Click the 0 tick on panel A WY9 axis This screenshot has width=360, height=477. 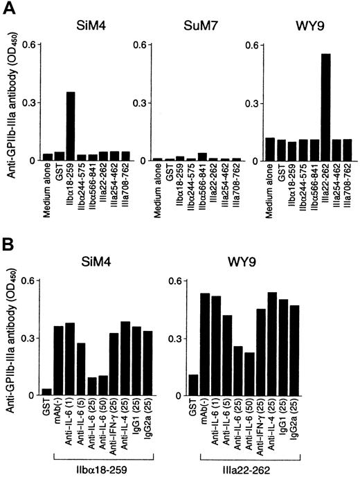(248, 161)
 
